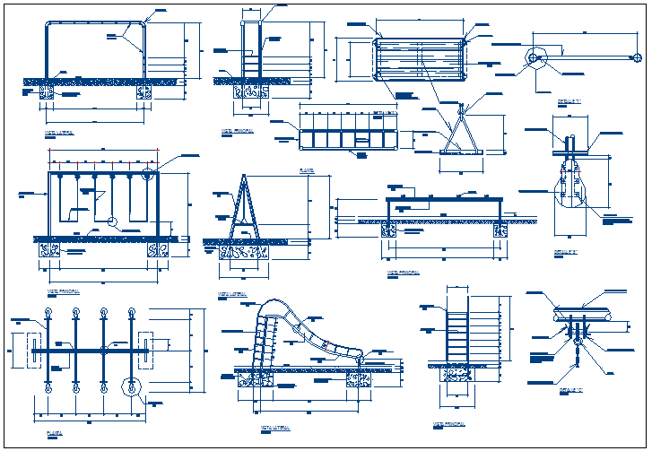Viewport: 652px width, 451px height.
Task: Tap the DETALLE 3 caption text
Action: click(571, 390)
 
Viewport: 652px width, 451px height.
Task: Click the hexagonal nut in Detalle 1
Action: click(535, 58)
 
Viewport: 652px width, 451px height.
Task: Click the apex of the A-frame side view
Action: click(243, 177)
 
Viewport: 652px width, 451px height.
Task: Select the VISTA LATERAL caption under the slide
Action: click(273, 429)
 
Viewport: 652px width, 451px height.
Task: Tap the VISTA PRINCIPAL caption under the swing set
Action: click(64, 291)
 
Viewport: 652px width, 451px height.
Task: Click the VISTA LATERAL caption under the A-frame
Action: click(231, 293)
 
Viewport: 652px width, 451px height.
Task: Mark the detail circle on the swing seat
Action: click(110, 222)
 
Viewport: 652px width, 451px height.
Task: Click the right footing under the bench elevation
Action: click(498, 231)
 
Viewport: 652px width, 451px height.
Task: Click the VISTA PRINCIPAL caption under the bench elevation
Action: click(403, 271)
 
